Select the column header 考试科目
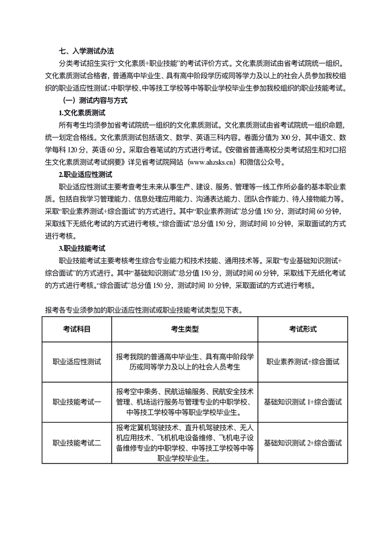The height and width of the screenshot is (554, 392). (77, 329)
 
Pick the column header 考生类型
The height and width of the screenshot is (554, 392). (184, 329)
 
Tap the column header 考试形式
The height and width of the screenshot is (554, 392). (303, 329)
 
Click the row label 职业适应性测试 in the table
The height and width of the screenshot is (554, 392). (77, 362)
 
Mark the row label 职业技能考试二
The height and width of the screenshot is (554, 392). (77, 443)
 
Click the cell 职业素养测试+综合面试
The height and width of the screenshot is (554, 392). (303, 362)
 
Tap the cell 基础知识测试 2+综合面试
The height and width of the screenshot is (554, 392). (303, 443)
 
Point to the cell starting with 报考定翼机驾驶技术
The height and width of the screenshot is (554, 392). (184, 443)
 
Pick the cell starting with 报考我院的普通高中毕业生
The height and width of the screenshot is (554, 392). (184, 362)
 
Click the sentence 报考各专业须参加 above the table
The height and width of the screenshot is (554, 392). (143, 310)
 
